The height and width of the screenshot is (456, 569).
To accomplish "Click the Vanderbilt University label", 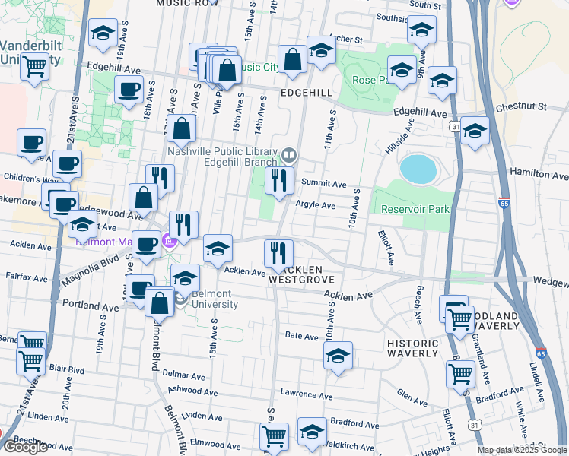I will click(29, 52).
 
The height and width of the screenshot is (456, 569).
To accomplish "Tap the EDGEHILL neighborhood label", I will click(306, 92).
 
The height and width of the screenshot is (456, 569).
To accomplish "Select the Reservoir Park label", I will click(417, 209).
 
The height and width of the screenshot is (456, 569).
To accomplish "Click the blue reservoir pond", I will click(418, 169).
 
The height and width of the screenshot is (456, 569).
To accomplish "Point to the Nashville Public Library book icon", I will click(288, 156).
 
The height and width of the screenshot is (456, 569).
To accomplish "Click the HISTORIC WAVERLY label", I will click(413, 348).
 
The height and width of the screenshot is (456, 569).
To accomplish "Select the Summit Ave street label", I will click(323, 184).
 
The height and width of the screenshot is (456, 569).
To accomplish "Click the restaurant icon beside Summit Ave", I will click(279, 180).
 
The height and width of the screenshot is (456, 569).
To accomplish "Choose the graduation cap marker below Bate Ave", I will click(338, 355).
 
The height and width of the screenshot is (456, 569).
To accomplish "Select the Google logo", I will click(25, 447).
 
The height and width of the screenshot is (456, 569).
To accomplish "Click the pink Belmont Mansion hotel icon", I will click(169, 242).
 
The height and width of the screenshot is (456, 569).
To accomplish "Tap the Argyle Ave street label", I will click(315, 205).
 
